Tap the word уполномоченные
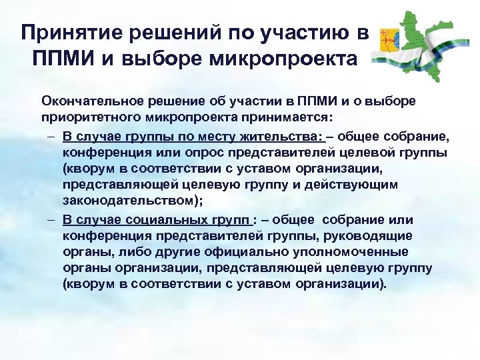363,252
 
